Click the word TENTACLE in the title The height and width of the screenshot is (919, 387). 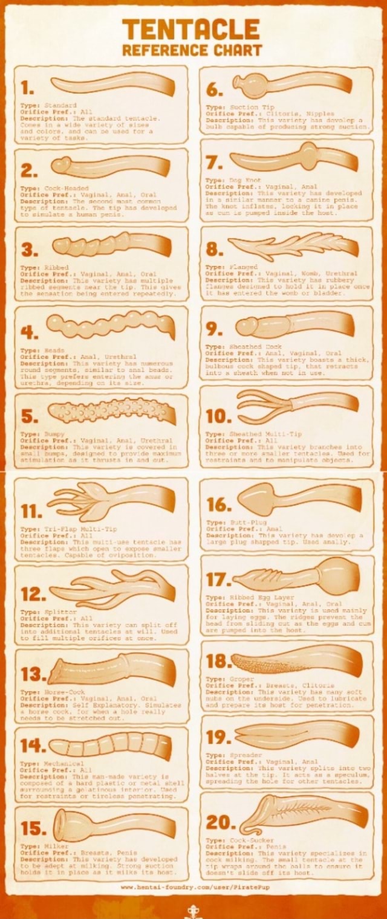191,28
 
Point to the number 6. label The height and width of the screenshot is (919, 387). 216,90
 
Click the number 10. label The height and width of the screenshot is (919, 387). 219,417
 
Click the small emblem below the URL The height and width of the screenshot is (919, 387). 193,911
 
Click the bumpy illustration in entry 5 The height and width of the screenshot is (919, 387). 112,412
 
